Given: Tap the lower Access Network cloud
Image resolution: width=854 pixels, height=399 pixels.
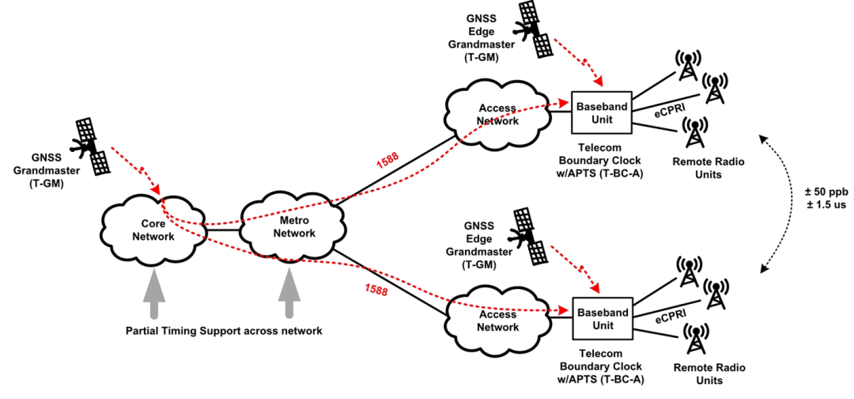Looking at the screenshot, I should (497, 319).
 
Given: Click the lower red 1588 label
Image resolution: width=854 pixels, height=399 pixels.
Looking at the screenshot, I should (376, 291).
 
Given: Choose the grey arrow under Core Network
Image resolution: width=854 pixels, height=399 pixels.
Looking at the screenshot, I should (156, 294).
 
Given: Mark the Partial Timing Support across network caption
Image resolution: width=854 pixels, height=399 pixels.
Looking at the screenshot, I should (224, 331).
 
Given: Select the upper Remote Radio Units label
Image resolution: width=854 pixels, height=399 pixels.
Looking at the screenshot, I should (697, 168).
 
